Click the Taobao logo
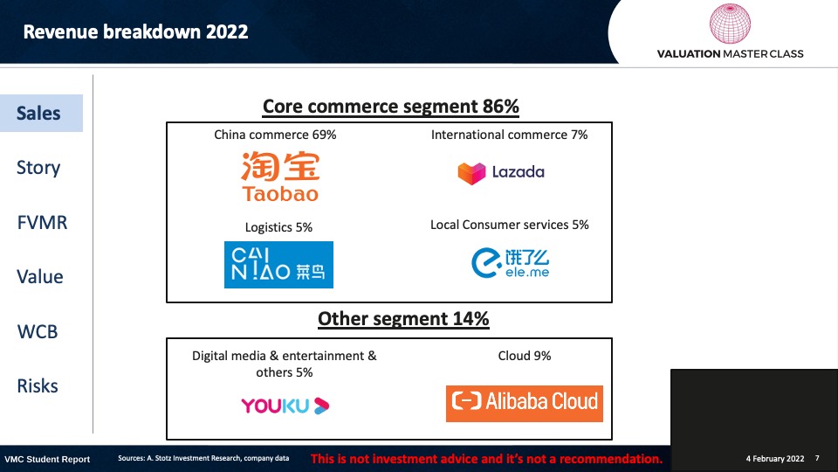[280, 176]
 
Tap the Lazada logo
[501, 172]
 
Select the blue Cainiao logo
[278, 264]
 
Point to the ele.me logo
[511, 263]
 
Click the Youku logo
[285, 406]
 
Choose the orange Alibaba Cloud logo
[525, 404]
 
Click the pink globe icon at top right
[730, 24]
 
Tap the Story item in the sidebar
[38, 168]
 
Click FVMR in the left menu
[42, 222]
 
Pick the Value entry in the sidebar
[40, 277]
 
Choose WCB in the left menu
[38, 331]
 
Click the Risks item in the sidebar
[38, 385]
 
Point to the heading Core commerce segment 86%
[391, 106]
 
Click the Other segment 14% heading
[403, 318]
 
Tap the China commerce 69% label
[275, 135]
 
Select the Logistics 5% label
[278, 227]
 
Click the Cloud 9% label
[525, 356]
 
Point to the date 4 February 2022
[775, 459]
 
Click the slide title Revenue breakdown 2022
[136, 31]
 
